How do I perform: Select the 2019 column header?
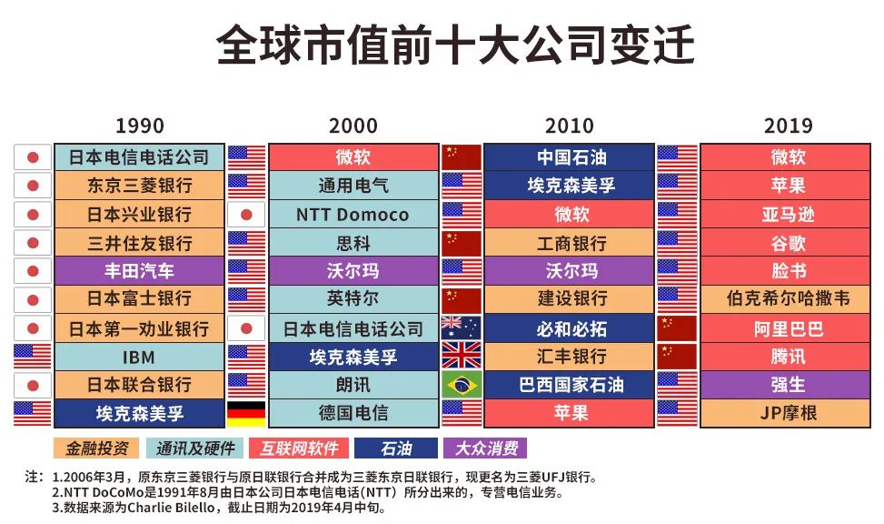[x=788, y=126]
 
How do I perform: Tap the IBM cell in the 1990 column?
[x=139, y=357]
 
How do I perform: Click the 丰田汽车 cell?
[x=139, y=271]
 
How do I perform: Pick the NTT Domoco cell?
[x=353, y=215]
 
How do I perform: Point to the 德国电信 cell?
[x=353, y=413]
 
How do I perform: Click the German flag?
[x=245, y=413]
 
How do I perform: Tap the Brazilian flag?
[x=461, y=385]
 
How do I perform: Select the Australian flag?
[x=461, y=328]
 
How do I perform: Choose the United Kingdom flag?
[x=461, y=357]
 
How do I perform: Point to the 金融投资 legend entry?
[x=95, y=448]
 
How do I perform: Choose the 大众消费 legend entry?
[x=485, y=448]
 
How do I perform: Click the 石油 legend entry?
[x=395, y=448]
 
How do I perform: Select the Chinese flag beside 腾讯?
[x=676, y=357]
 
